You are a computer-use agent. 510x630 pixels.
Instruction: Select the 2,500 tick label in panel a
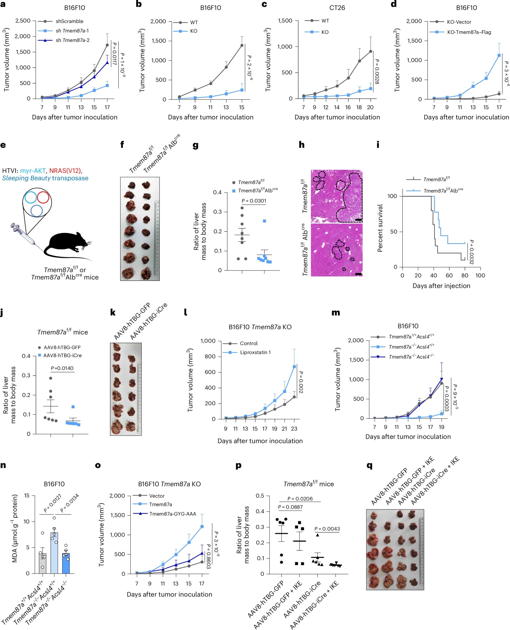pos(23,21)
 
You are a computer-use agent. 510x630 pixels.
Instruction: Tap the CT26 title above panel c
pos(337,8)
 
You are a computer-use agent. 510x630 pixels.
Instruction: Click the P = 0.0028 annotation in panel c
pos(377,72)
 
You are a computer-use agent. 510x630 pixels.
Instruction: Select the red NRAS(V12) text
pos(65,171)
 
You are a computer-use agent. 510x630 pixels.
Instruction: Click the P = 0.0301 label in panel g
pos(254,201)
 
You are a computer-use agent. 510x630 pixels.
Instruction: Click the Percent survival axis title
pos(380,228)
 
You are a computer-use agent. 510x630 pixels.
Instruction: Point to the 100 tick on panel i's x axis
pos(480,276)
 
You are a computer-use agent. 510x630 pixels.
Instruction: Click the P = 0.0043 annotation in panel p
pos(327,529)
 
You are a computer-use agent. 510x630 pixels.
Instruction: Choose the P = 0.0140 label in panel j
pos(62,368)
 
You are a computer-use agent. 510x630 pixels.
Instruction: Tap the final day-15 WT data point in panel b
pos(242,45)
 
